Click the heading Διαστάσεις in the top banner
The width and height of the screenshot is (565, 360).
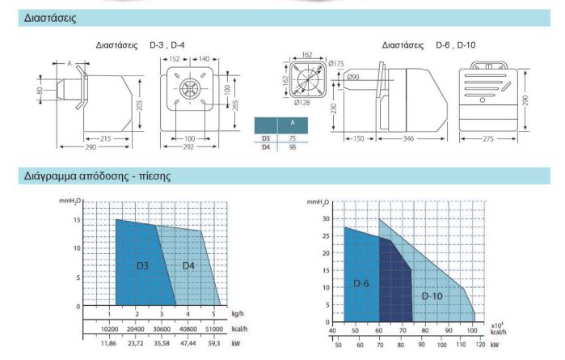(x=50, y=18)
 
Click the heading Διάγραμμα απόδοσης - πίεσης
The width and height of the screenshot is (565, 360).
(x=97, y=176)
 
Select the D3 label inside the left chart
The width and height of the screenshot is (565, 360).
(x=142, y=266)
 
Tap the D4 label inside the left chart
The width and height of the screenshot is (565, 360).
(x=188, y=266)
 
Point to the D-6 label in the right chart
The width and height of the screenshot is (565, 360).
(x=361, y=283)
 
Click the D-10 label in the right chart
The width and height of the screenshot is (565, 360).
(x=432, y=296)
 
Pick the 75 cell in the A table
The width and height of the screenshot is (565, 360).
(x=293, y=138)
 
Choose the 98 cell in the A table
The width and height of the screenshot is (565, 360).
(x=293, y=147)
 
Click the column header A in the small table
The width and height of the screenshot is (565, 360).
(x=293, y=123)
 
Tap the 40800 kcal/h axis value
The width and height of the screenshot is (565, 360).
(x=188, y=329)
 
